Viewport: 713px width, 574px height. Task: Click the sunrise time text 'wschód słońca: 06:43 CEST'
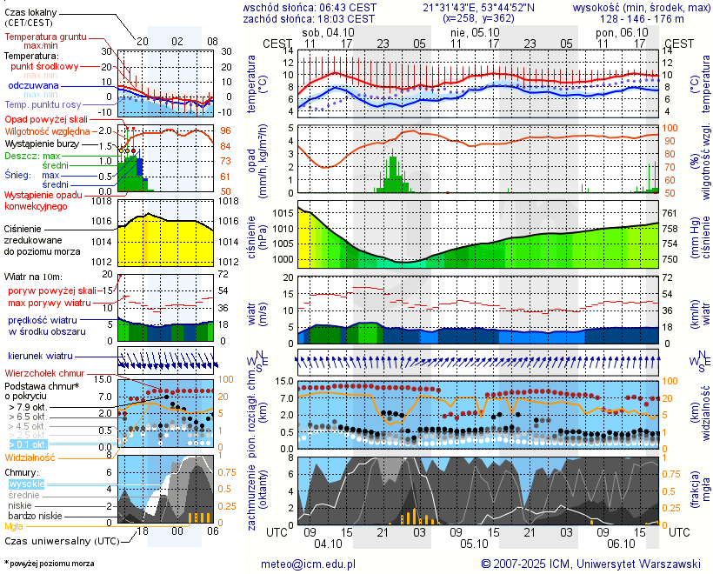(x=310, y=7)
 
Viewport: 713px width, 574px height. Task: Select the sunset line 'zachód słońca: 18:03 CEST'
(x=310, y=18)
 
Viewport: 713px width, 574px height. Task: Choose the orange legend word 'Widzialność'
(x=30, y=456)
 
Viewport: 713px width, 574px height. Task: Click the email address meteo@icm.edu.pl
(x=309, y=564)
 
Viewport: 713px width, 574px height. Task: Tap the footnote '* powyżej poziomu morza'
(x=49, y=564)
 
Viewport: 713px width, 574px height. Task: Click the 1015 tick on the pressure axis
(x=283, y=213)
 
